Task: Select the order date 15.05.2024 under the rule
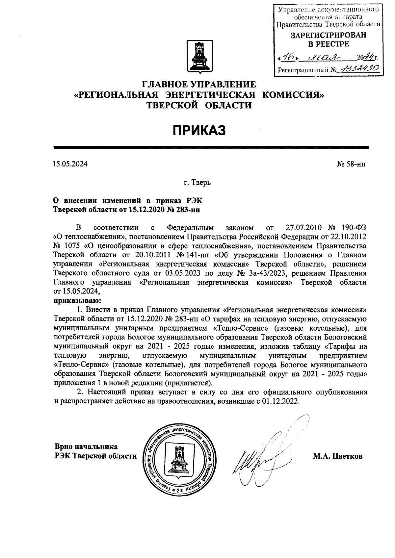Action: [x=70, y=164]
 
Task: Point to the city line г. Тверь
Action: [x=197, y=182]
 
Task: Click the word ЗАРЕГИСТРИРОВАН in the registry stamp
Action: [x=328, y=36]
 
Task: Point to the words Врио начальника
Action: [x=86, y=447]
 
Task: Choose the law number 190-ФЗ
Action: [x=353, y=227]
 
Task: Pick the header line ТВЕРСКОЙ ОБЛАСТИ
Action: [x=199, y=105]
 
